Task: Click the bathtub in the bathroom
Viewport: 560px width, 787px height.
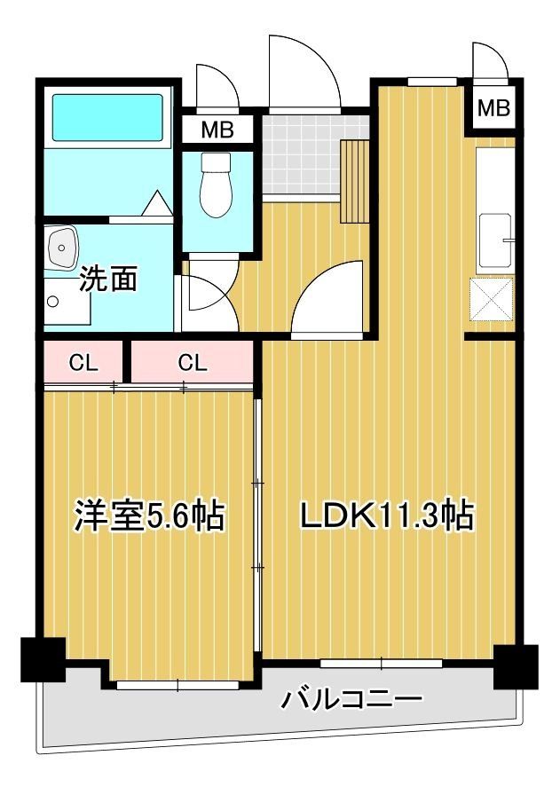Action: click(107, 117)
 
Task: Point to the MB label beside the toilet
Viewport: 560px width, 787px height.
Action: click(216, 130)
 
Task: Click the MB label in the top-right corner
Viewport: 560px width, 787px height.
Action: click(494, 108)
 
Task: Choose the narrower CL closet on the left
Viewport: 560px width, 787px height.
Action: click(83, 362)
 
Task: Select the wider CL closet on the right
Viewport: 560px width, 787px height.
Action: click(193, 362)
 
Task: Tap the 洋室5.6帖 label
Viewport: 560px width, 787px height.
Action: click(148, 515)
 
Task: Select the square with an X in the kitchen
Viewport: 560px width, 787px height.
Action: click(493, 298)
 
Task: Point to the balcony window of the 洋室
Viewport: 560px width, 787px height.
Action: click(177, 684)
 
